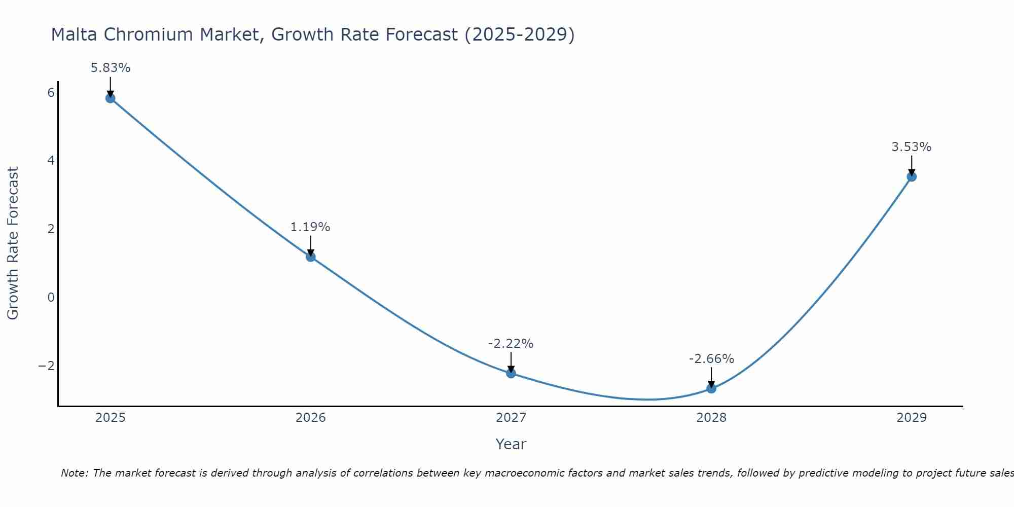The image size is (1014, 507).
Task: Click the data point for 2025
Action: click(111, 98)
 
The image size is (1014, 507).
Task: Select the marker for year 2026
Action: click(311, 257)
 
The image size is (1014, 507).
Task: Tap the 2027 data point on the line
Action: click(511, 373)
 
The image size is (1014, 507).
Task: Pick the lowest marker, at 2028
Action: click(711, 388)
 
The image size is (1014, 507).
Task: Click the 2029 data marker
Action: click(912, 176)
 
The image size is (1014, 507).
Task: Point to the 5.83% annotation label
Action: click(111, 67)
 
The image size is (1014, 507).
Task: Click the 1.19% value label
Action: click(310, 227)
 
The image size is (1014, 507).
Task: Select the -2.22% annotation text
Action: click(511, 344)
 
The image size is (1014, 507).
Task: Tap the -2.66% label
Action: click(711, 359)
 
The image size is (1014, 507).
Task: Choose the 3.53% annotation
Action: click(912, 147)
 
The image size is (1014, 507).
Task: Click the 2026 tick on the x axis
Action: click(311, 418)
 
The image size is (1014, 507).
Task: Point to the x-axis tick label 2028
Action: click(711, 418)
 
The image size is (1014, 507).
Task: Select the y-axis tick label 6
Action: click(51, 93)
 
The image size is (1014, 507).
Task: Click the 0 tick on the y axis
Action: click(51, 297)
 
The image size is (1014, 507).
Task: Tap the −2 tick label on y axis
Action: click(46, 366)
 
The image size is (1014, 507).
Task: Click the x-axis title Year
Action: click(511, 444)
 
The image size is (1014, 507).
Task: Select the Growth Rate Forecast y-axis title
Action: click(13, 243)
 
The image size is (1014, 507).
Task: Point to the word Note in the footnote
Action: click(74, 473)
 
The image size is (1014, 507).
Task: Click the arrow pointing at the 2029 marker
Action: click(912, 165)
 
